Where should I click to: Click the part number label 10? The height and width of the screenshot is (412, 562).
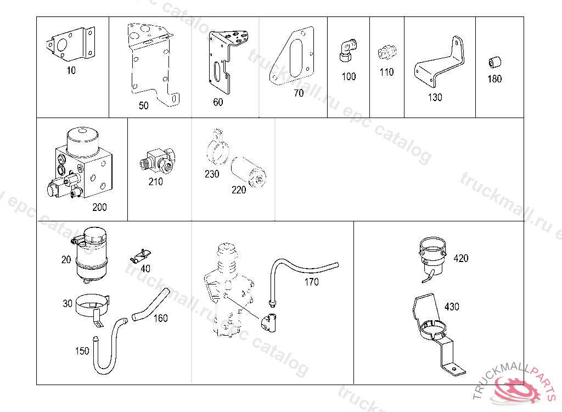tap(71, 70)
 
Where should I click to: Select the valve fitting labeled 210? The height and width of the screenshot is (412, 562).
tap(156, 160)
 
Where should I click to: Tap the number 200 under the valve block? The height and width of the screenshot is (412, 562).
tap(99, 207)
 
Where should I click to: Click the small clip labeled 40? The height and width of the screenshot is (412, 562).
tap(140, 255)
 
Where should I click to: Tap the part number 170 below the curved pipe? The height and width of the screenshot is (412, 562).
tap(311, 282)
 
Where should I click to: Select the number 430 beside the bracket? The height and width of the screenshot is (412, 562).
tap(452, 307)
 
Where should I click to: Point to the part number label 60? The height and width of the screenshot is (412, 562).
tap(218, 102)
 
